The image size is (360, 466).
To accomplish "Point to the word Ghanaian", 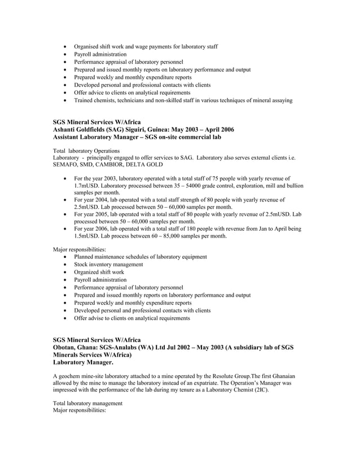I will pyautogui.click(x=281, y=375).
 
